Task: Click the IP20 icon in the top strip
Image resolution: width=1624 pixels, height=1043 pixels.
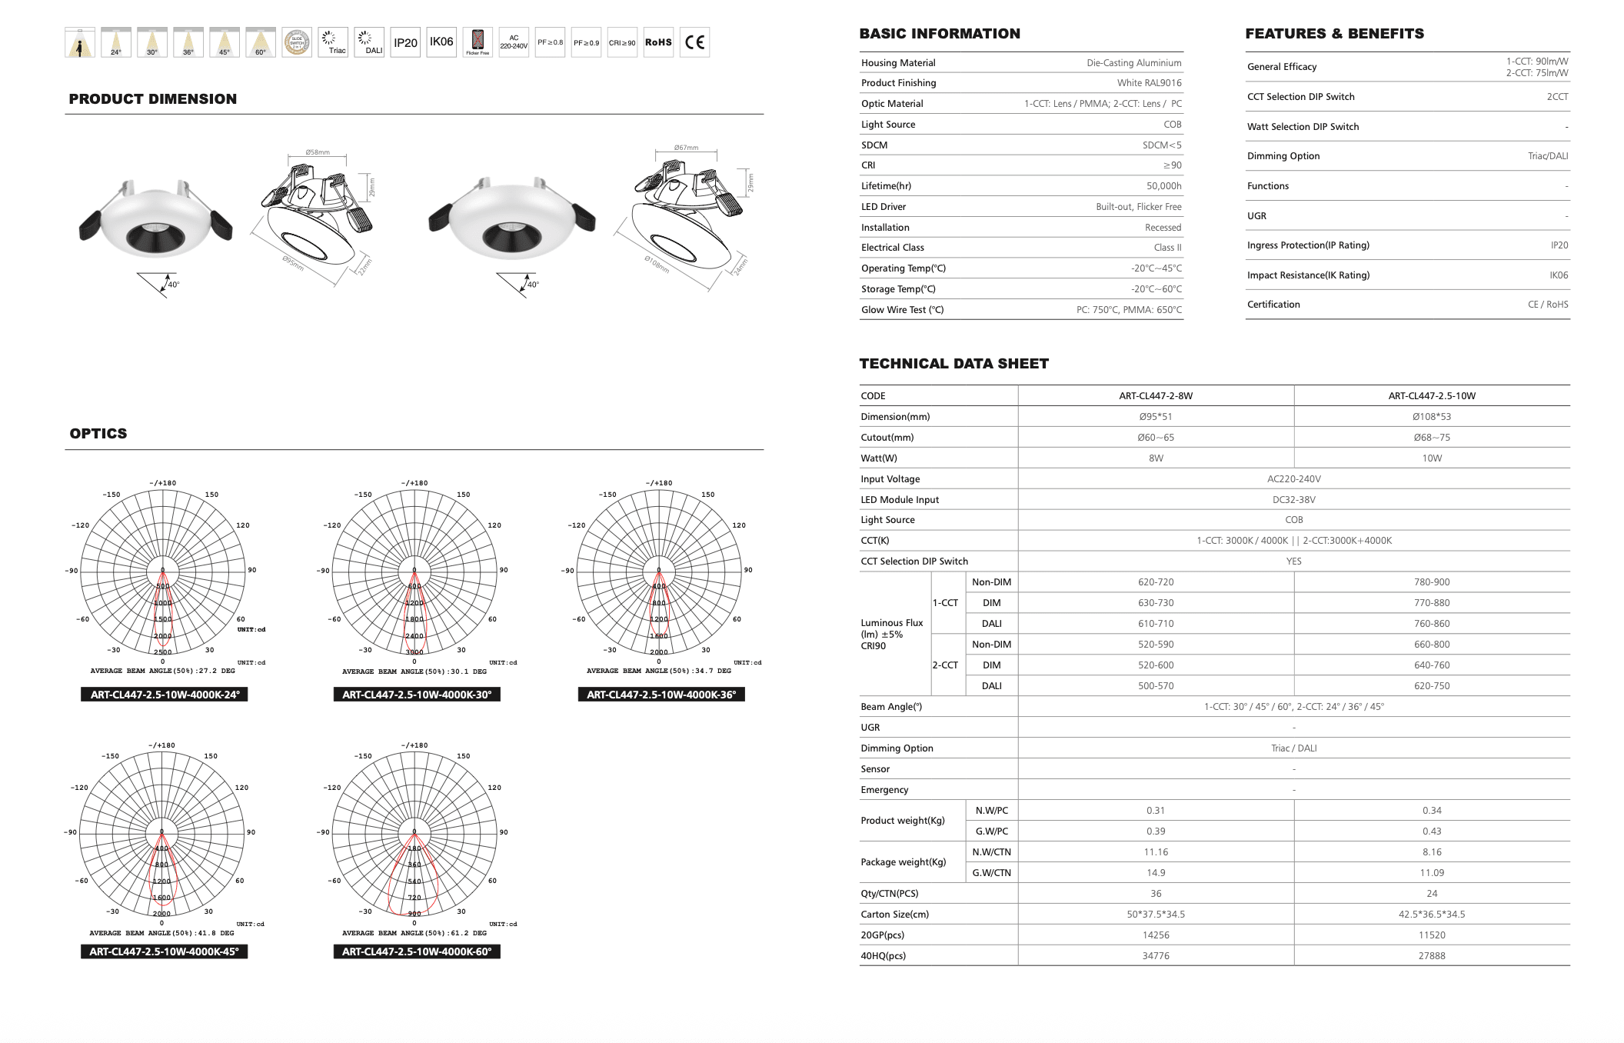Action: click(405, 42)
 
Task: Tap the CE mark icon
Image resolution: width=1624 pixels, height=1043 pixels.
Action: click(694, 42)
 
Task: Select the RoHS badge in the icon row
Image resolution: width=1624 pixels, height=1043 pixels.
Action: click(658, 42)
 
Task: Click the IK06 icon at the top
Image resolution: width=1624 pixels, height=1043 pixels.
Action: click(441, 42)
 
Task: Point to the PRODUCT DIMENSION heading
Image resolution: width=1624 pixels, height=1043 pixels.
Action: click(153, 99)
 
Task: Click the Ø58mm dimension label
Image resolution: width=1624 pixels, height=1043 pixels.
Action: click(317, 152)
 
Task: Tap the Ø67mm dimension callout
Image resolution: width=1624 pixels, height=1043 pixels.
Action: click(686, 148)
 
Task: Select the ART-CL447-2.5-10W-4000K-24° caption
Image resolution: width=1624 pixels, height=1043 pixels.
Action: click(165, 695)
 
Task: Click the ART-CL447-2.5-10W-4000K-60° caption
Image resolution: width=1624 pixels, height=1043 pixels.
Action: click(417, 951)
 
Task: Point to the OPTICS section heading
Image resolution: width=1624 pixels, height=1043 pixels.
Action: click(98, 434)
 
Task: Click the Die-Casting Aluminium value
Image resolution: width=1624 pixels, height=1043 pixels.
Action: click(1133, 63)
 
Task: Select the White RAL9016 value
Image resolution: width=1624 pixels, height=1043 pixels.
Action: click(1149, 83)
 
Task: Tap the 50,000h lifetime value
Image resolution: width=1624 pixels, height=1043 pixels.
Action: click(1163, 186)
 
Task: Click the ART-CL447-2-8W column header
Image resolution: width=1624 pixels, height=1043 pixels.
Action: click(1156, 396)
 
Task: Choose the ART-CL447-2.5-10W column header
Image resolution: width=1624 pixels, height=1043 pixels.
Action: click(1432, 396)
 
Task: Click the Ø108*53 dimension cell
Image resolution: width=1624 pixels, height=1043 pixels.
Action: click(1432, 417)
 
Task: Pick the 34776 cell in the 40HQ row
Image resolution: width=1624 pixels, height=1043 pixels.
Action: click(1156, 956)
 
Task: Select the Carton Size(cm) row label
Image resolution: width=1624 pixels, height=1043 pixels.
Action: click(895, 915)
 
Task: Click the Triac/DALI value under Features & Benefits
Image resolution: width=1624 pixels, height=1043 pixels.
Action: click(1547, 156)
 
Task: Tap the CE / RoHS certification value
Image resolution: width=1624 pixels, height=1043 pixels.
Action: click(1547, 305)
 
